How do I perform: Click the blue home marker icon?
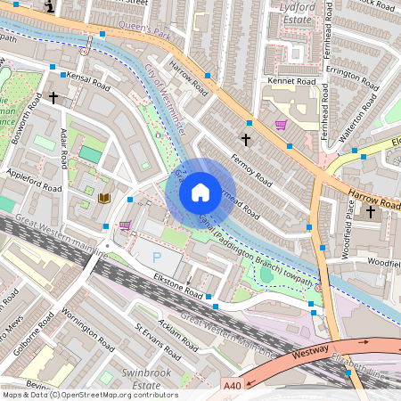(200, 192)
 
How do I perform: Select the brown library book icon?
(104, 198)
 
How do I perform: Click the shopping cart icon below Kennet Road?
(281, 125)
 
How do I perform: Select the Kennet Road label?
(291, 81)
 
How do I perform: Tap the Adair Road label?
(63, 147)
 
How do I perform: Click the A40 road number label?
(232, 386)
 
